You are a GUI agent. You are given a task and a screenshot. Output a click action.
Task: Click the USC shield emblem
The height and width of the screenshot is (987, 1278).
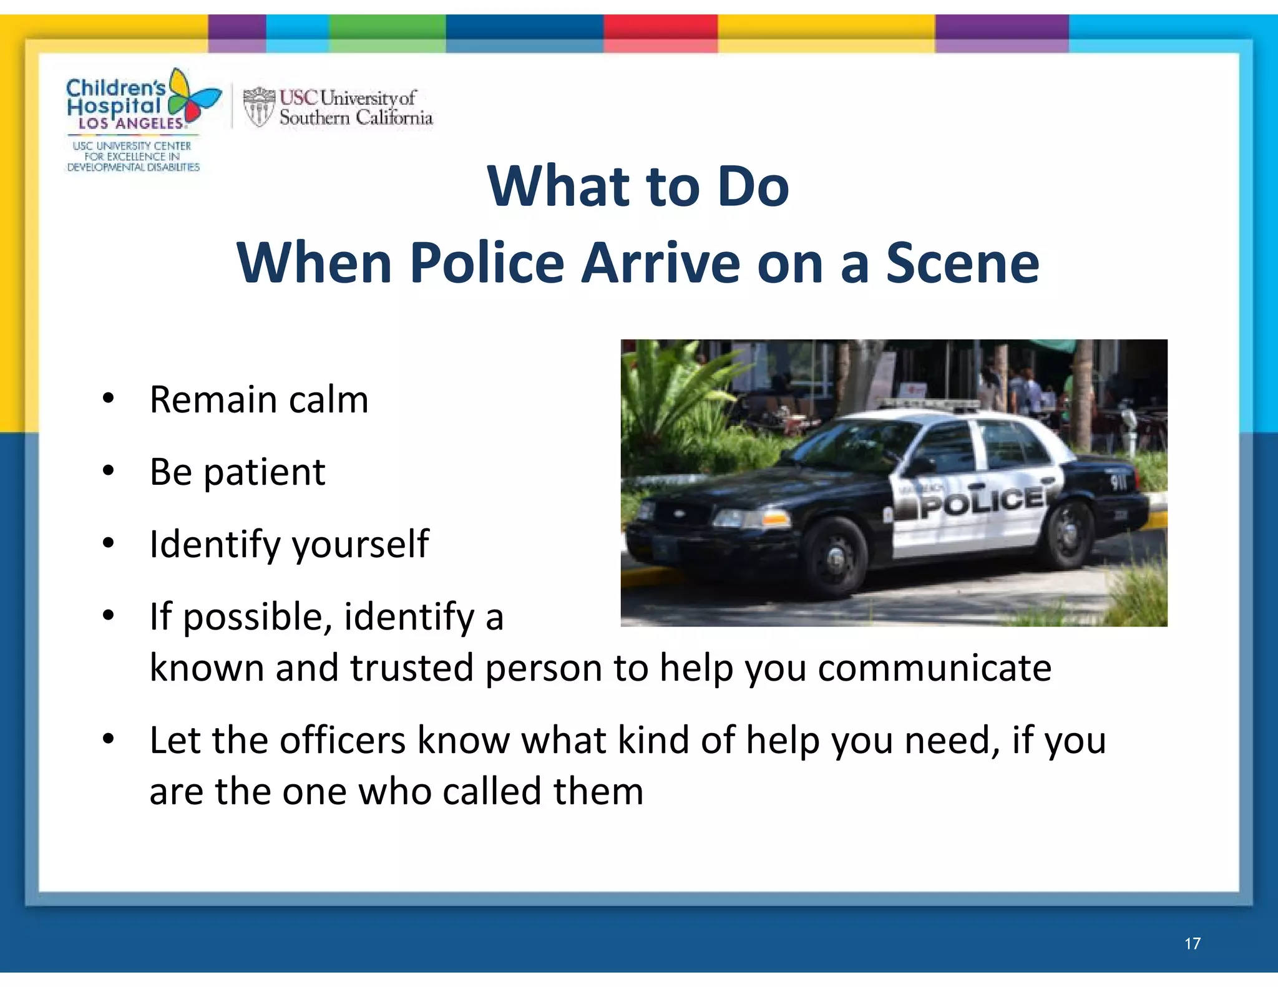pyautogui.click(x=258, y=107)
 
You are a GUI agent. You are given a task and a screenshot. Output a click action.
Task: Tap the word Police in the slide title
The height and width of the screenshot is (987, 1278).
pyautogui.click(x=487, y=263)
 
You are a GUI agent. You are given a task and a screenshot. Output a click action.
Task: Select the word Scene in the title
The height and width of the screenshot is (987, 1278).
pyautogui.click(x=962, y=263)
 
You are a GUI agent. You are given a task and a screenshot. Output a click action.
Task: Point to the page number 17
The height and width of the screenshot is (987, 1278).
pyautogui.click(x=1192, y=943)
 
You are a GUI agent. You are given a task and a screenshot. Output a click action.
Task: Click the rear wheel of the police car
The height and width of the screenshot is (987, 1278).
pyautogui.click(x=1071, y=532)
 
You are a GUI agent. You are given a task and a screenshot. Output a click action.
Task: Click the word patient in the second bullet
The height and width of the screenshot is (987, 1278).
pyautogui.click(x=265, y=472)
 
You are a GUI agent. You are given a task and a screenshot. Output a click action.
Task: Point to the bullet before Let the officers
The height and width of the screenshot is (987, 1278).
pyautogui.click(x=109, y=739)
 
